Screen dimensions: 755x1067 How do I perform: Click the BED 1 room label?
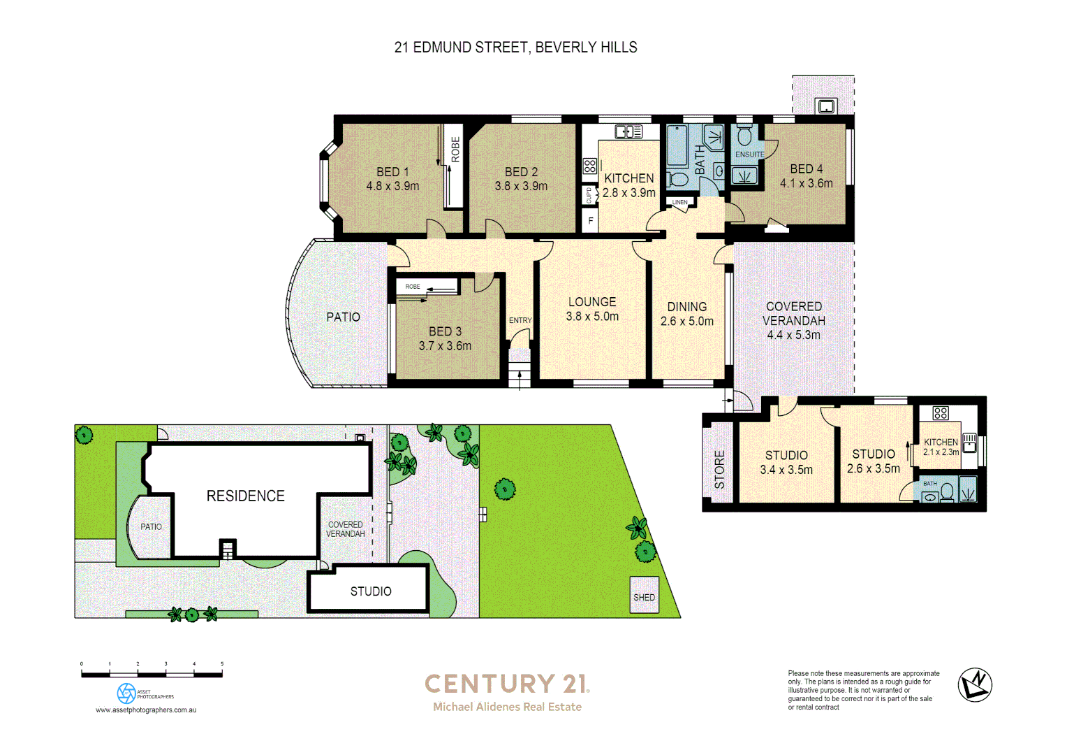tap(392, 172)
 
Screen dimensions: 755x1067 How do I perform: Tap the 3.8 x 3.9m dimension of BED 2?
tap(521, 187)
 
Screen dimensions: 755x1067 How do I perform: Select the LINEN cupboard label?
tap(680, 203)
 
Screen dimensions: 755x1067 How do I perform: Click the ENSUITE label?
tap(749, 154)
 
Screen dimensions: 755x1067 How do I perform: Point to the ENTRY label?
tap(520, 321)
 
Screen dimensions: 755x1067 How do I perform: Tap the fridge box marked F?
tap(591, 221)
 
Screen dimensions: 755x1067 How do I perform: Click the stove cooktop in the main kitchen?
tap(590, 166)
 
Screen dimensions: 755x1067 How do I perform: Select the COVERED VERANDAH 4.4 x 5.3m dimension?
tap(793, 335)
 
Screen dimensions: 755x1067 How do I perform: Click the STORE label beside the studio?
tap(719, 469)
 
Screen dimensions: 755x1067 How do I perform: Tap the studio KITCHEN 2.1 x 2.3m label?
tap(941, 447)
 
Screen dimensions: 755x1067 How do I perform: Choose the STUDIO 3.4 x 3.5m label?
tap(786, 463)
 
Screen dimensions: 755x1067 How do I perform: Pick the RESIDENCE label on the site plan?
tap(245, 496)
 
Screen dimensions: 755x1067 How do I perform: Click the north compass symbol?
tap(975, 684)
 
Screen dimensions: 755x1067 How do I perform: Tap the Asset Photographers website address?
tap(146, 710)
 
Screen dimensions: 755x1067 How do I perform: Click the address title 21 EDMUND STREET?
tap(515, 48)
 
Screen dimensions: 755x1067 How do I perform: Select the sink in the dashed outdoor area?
tap(826, 106)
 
